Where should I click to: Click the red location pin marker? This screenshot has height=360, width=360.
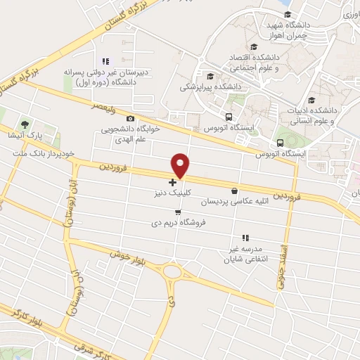(x=181, y=165)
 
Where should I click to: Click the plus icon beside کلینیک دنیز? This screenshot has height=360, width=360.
(x=172, y=182)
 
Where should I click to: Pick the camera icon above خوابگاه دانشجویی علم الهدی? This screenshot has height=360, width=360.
(x=130, y=119)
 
